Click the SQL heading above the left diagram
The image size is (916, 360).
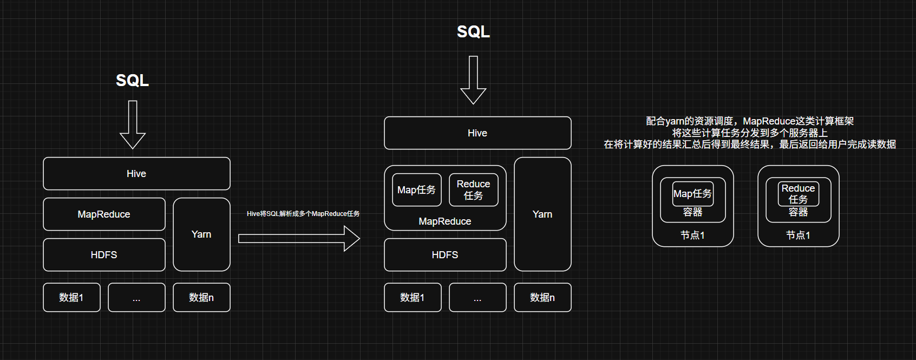(132, 81)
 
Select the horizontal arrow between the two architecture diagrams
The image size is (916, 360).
(299, 238)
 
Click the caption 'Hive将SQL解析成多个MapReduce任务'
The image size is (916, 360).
(303, 214)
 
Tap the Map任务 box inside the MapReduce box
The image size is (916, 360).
(416, 190)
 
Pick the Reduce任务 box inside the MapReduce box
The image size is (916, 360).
(473, 190)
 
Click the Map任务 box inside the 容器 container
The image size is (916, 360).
(692, 194)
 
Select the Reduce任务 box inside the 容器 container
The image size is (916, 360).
(798, 194)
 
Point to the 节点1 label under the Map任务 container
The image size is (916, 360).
(692, 235)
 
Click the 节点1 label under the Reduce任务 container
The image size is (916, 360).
(798, 235)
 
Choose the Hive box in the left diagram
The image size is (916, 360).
(136, 174)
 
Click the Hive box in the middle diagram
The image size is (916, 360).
(477, 133)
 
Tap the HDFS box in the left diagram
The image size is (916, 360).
(104, 255)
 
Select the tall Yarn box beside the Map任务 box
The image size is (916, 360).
(542, 214)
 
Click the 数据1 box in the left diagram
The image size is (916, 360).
(71, 298)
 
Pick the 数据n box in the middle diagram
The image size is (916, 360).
(542, 298)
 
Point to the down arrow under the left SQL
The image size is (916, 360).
(133, 125)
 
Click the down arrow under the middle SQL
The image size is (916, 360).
(473, 80)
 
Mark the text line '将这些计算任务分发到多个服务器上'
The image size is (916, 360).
(750, 133)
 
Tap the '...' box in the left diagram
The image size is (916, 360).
(136, 298)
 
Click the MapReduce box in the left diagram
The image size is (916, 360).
(104, 214)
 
